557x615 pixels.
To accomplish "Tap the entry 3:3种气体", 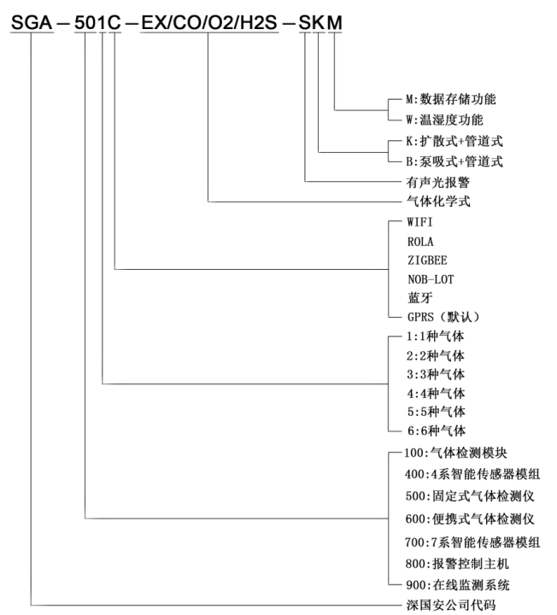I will coord(436,373).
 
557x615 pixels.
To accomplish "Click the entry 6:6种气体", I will coord(436,430).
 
